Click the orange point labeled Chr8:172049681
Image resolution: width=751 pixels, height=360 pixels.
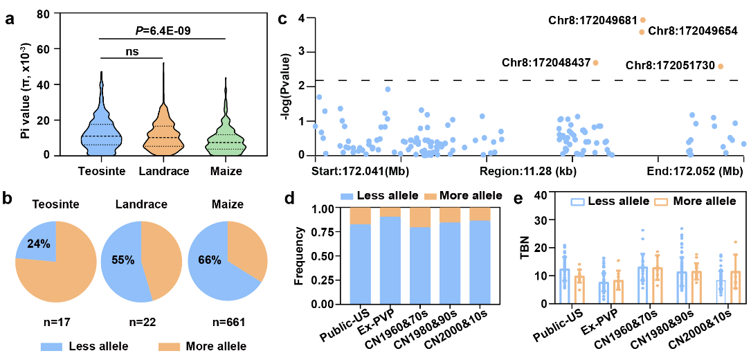(x=643, y=20)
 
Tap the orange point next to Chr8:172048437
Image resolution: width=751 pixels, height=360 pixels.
(x=596, y=63)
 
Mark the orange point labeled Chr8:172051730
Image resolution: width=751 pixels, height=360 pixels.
(x=721, y=66)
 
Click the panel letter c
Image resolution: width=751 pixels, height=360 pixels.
(x=282, y=19)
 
